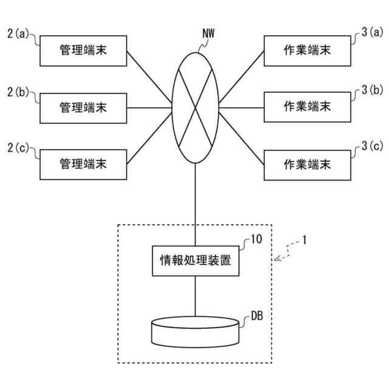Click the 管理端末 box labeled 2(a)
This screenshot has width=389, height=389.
pos(83,50)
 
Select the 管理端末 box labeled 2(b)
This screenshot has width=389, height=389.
pos(83,108)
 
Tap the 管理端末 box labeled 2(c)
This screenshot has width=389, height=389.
pos(83,164)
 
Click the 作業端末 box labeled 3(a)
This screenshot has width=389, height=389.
pos(308,50)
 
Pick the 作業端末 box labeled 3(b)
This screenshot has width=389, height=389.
pos(308,107)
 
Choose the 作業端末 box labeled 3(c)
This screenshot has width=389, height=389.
pos(308,164)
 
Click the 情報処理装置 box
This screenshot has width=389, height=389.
pos(195,261)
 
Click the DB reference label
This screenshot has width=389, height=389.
pos(256,315)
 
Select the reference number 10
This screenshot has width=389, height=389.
pos(256,240)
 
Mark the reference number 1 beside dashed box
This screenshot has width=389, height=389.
pos(305,240)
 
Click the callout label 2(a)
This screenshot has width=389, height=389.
pos(18,34)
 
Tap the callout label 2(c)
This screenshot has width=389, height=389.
pos(18,148)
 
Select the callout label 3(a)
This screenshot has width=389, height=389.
pos(372,34)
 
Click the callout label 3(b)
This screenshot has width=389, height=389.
pos(372,91)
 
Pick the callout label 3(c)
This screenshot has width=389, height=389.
pos(372,147)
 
